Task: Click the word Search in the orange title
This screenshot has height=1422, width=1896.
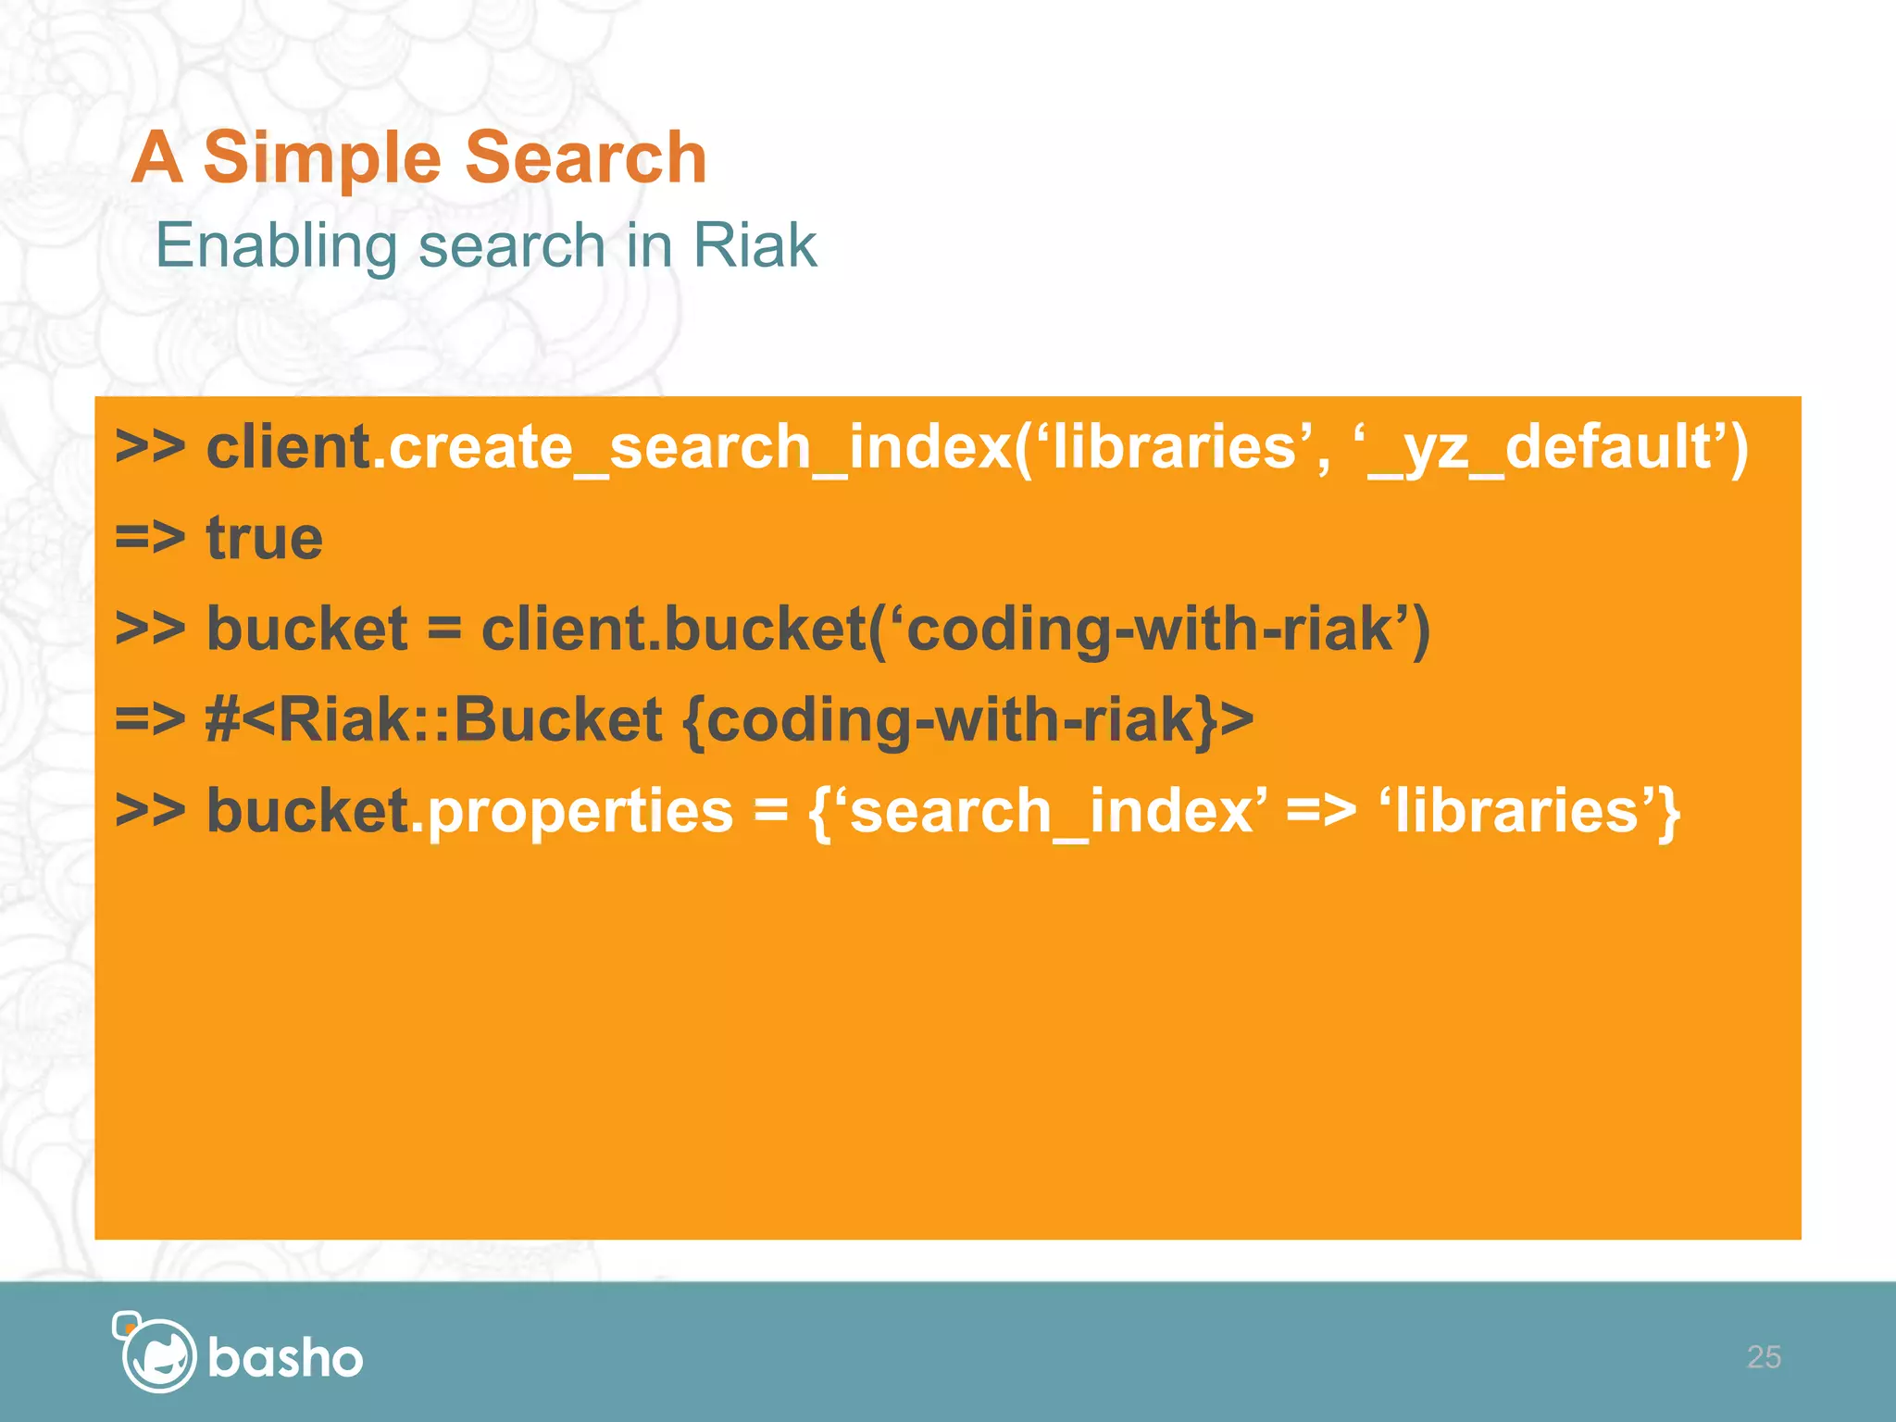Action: tap(585, 157)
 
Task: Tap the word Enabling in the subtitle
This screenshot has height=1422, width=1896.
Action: tap(275, 246)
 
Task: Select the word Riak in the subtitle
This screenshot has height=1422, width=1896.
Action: tap(754, 246)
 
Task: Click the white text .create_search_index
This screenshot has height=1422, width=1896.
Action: tap(692, 447)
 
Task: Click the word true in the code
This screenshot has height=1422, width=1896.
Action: tap(264, 538)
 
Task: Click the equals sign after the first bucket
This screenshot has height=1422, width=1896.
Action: tap(443, 630)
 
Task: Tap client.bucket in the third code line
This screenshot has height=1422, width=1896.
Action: tap(673, 630)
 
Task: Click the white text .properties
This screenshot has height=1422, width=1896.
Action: tap(571, 811)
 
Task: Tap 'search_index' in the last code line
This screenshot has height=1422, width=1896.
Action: tap(1050, 811)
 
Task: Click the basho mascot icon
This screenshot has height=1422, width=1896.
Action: tap(156, 1353)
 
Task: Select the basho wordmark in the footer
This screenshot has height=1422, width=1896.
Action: tap(285, 1358)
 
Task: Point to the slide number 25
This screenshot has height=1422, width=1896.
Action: tap(1763, 1357)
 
